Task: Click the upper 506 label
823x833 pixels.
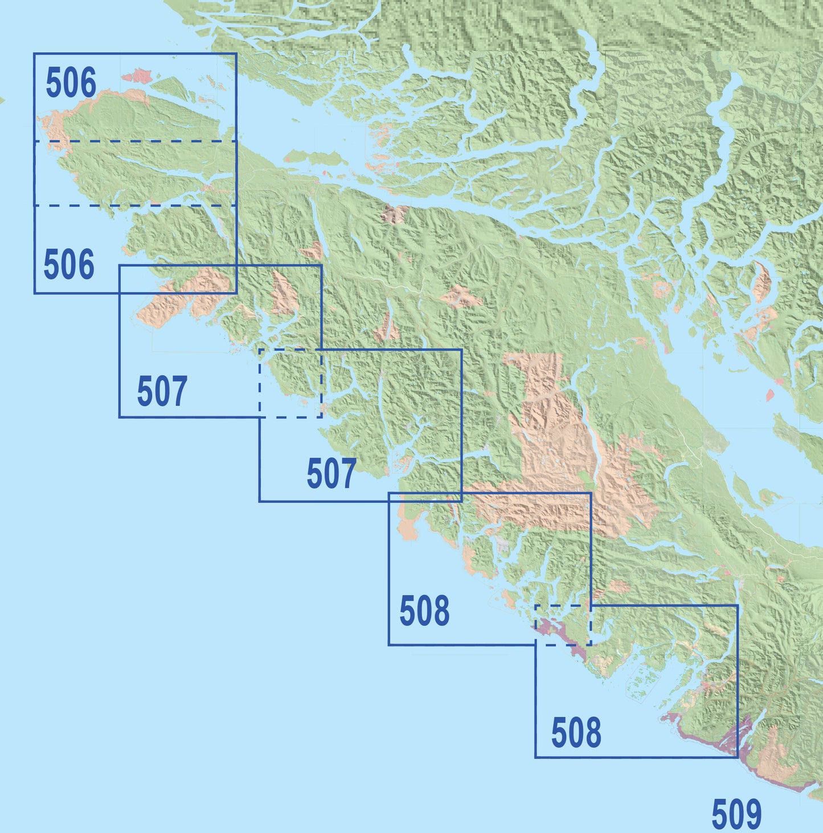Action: pyautogui.click(x=71, y=84)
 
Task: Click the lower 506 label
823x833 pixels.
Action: pyautogui.click(x=69, y=265)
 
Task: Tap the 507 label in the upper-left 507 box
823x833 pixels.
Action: pyautogui.click(x=162, y=392)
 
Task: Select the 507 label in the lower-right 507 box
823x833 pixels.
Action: pyautogui.click(x=331, y=474)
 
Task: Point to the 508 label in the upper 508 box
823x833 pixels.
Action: pyautogui.click(x=424, y=612)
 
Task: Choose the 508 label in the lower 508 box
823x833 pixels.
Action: pyautogui.click(x=576, y=733)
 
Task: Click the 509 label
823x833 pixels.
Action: pyautogui.click(x=736, y=814)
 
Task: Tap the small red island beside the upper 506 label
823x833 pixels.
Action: pyautogui.click(x=135, y=75)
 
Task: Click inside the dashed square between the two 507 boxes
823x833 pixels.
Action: pyautogui.click(x=290, y=383)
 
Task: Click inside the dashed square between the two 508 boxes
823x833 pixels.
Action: pyautogui.click(x=563, y=625)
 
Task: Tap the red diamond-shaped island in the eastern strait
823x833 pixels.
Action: pyautogui.click(x=771, y=395)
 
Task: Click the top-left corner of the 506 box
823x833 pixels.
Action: pyautogui.click(x=34, y=54)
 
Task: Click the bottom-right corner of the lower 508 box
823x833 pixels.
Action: pyautogui.click(x=738, y=757)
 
